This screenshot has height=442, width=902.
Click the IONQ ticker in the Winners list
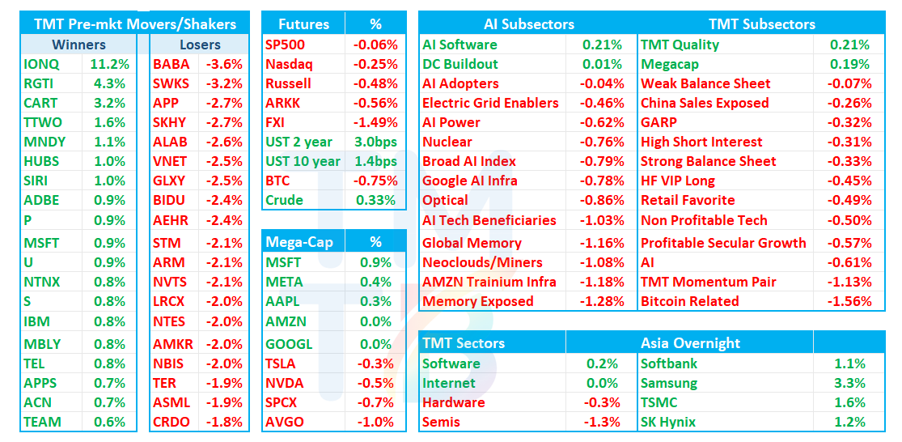(41, 64)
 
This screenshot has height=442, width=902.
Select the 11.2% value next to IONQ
(109, 64)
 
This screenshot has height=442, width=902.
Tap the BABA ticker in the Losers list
(171, 64)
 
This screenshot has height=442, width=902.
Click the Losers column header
(200, 45)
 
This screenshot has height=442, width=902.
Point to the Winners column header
(78, 45)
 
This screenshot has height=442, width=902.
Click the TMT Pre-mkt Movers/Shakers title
(135, 24)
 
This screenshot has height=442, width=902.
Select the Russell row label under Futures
(288, 83)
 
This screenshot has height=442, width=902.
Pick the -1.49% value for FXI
(375, 122)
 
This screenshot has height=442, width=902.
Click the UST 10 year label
(303, 161)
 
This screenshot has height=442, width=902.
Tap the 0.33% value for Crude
(375, 200)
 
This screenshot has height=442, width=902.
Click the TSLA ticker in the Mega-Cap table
(281, 363)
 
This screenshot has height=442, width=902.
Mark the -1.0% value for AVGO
(375, 422)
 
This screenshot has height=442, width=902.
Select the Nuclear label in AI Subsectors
(447, 142)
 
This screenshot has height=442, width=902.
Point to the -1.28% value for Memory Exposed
(603, 301)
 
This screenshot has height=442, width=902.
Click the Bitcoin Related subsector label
(690, 301)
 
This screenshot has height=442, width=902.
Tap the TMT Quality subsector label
(680, 45)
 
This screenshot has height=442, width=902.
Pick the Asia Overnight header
(690, 343)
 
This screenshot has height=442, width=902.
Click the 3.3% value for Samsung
(849, 383)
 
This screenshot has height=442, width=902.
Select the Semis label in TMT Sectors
(441, 422)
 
